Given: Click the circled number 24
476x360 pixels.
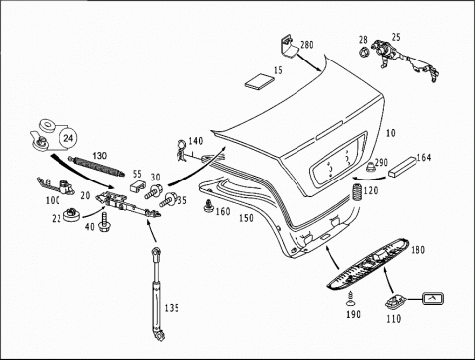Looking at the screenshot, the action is tap(68, 138).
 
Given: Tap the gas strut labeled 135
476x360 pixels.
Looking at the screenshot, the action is tap(157, 294).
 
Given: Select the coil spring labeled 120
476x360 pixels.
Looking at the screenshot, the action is tap(357, 192).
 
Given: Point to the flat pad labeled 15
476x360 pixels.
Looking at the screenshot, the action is tap(259, 81).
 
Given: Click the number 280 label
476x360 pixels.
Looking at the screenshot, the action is tap(307, 45).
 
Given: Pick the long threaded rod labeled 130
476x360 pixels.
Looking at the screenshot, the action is tap(96, 165).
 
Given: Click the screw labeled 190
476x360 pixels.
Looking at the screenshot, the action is tap(351, 299).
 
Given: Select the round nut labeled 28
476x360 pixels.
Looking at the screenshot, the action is tap(364, 53).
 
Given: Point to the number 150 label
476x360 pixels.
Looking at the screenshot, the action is tap(246, 218).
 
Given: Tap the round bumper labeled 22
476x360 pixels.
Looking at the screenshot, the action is tap(71, 215).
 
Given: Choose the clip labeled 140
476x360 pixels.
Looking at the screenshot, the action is tap(181, 151).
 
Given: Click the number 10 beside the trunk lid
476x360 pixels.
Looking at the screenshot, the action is tap(391, 133).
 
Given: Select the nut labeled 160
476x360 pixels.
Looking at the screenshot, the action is tap(209, 206).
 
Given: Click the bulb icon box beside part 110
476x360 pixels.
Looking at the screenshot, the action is tap(432, 299).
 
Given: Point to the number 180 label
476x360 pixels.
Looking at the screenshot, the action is tap(417, 250).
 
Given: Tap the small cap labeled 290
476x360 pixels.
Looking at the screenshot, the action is tap(371, 167).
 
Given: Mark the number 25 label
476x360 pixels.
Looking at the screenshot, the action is tap(396, 37).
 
